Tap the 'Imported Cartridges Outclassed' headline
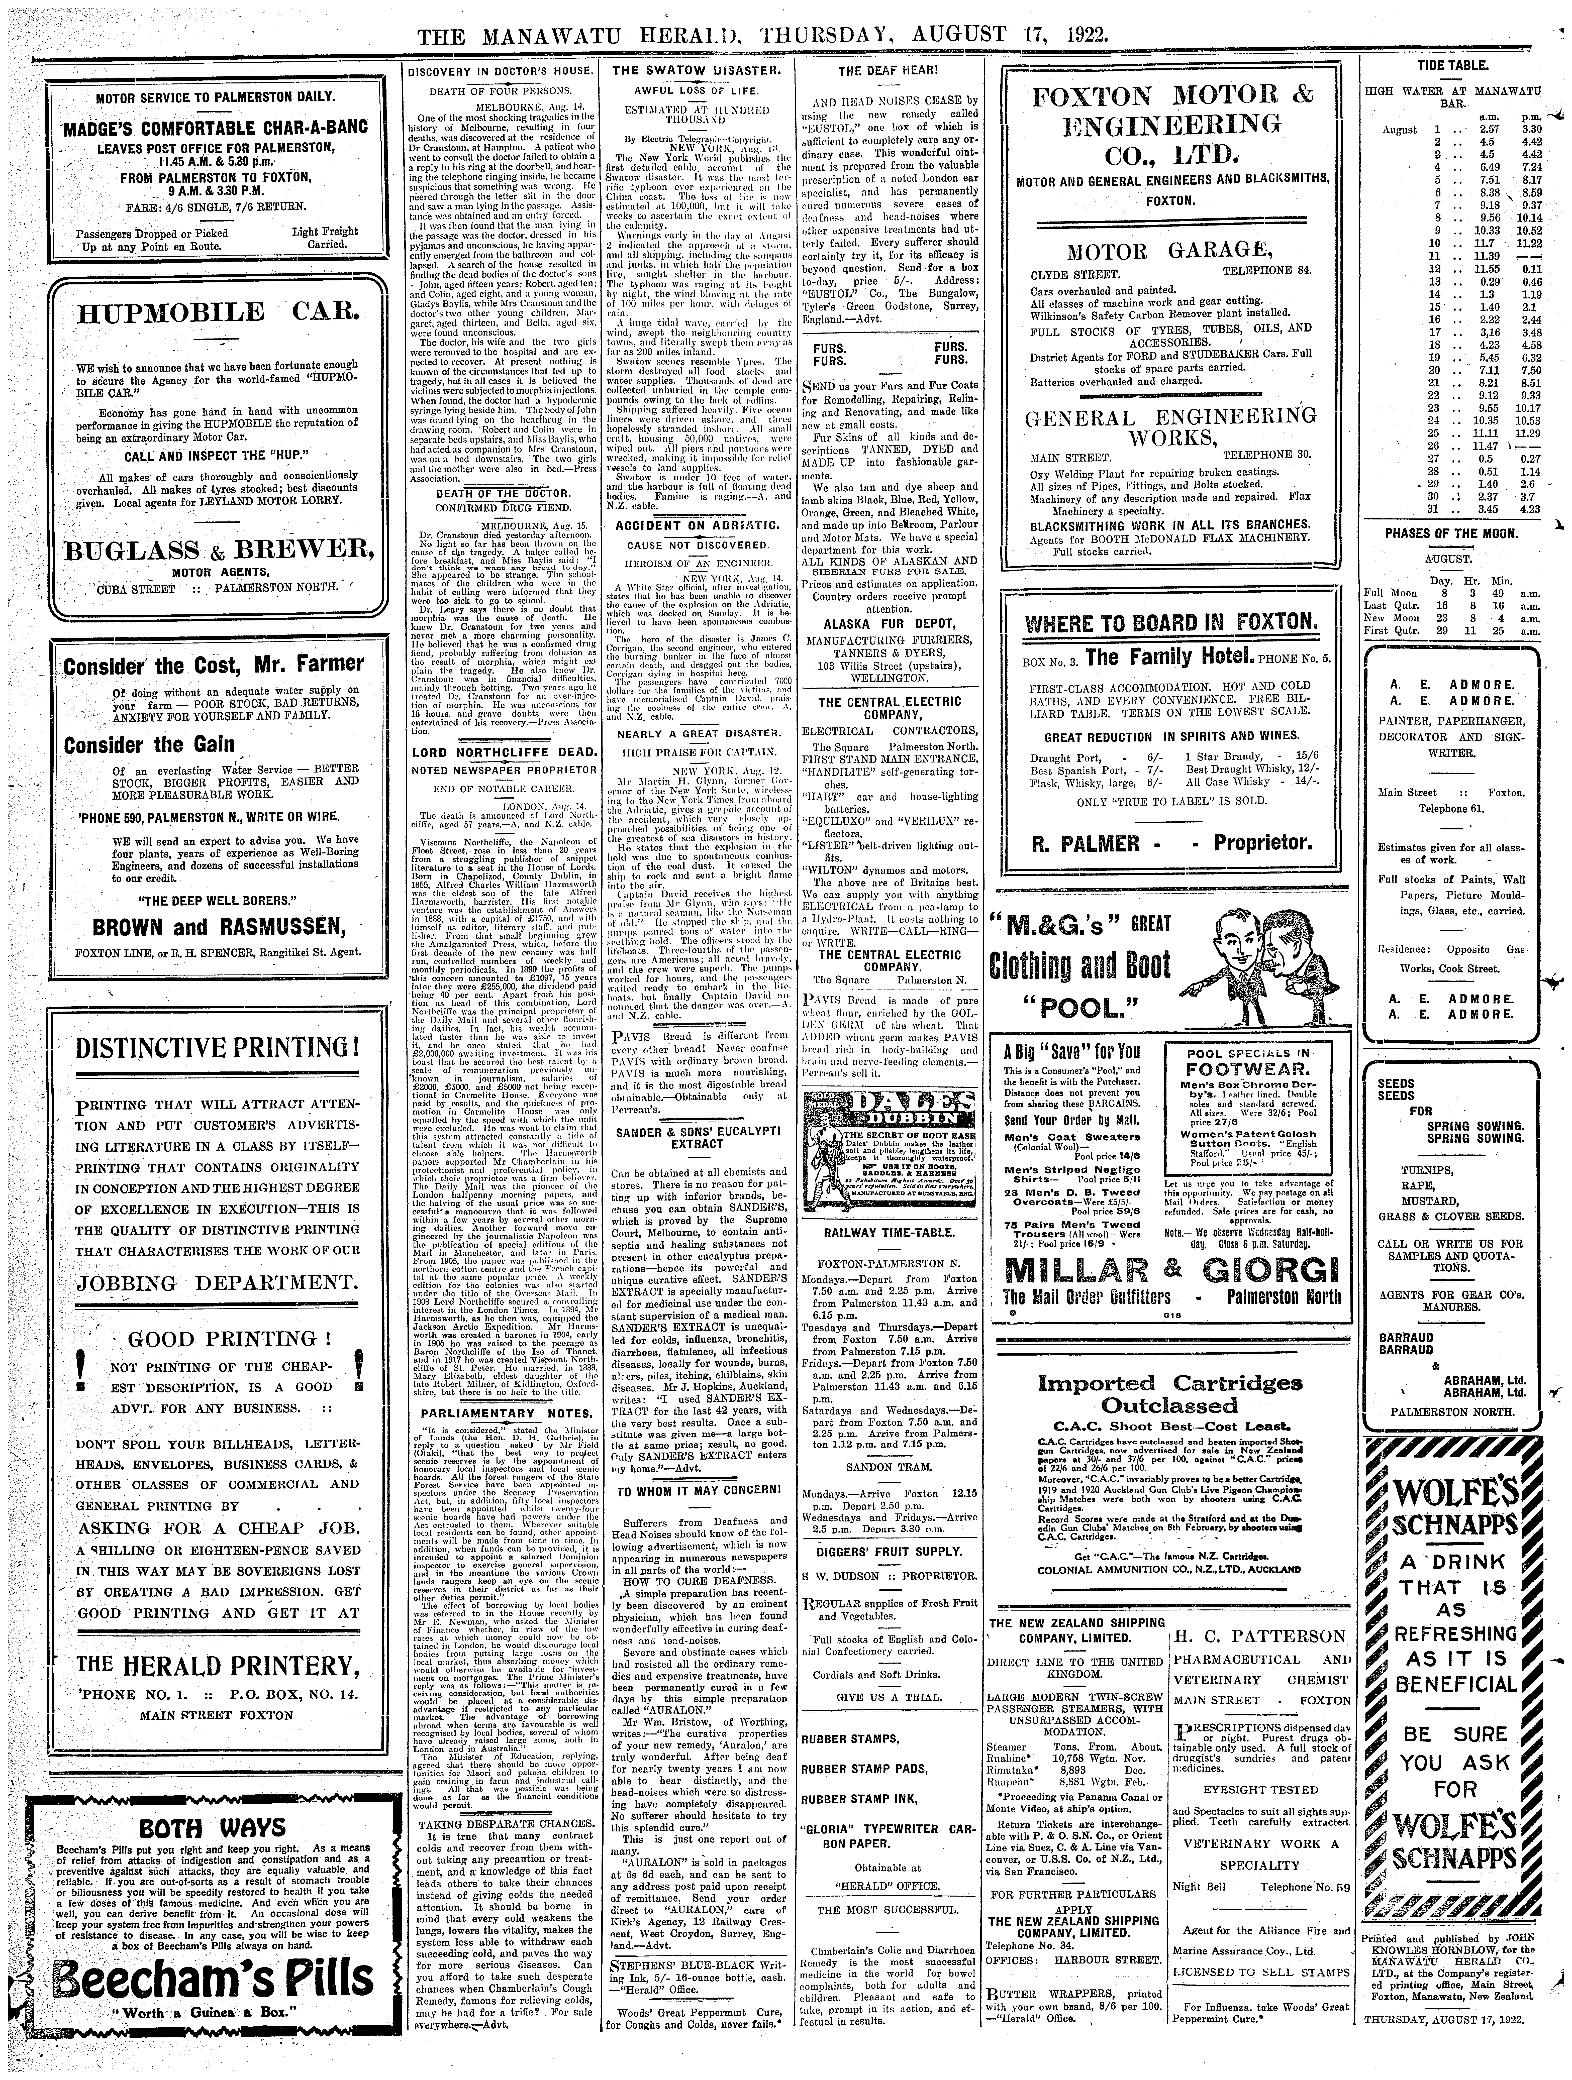click(1169, 1394)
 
